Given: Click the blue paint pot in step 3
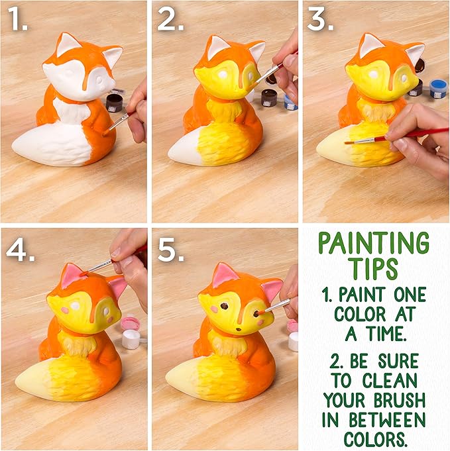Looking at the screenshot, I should (x=438, y=88).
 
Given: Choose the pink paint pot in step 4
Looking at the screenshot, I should (x=130, y=323).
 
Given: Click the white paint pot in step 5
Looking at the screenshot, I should (x=293, y=340).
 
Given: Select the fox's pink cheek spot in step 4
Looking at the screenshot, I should (x=65, y=309).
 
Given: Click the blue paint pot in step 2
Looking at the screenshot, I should (x=290, y=101).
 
